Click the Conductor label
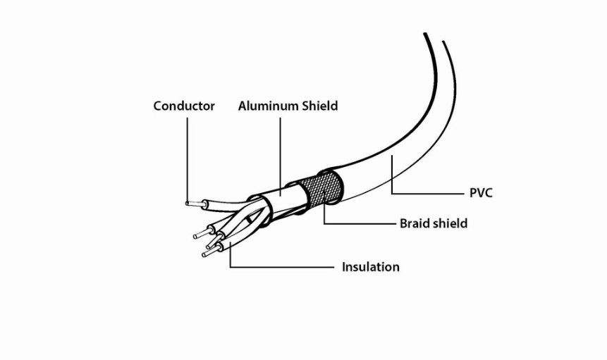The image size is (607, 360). coord(184,106)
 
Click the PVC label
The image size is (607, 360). coord(481,193)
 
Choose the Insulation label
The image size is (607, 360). coord(370,267)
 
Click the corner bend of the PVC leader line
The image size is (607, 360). coord(392,193)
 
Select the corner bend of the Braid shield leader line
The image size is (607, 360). coord(324,223)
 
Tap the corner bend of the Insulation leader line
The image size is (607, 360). coord(231,267)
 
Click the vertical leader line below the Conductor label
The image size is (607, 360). coord(188,159)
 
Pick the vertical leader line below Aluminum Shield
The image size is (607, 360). coord(281,156)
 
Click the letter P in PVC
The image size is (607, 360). coord(473,193)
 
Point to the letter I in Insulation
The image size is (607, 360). coord(343,267)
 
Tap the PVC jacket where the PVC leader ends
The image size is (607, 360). coord(392,156)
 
